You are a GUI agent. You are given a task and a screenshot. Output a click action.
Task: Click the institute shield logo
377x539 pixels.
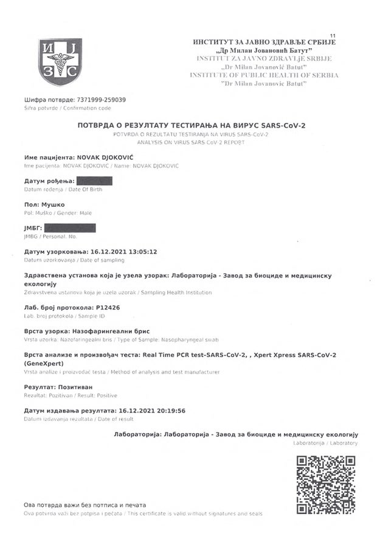tap(60, 61)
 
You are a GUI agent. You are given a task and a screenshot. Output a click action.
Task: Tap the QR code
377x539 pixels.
tap(325, 485)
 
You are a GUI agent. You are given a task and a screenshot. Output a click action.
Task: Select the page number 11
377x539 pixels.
tap(331, 37)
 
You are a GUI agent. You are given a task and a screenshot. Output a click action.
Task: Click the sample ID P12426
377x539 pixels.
tap(108, 307)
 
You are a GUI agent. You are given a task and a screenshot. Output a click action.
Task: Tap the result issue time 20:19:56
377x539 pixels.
tap(167, 411)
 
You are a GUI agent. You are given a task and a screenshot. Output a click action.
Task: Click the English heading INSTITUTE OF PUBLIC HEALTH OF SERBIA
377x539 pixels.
tap(264, 75)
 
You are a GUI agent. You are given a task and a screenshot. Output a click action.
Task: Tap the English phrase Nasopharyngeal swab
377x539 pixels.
tap(188, 339)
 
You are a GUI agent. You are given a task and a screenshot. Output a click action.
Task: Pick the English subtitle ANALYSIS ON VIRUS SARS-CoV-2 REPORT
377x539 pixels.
tap(191, 142)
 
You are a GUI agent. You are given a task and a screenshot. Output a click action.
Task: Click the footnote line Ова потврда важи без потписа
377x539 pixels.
tap(85, 505)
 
